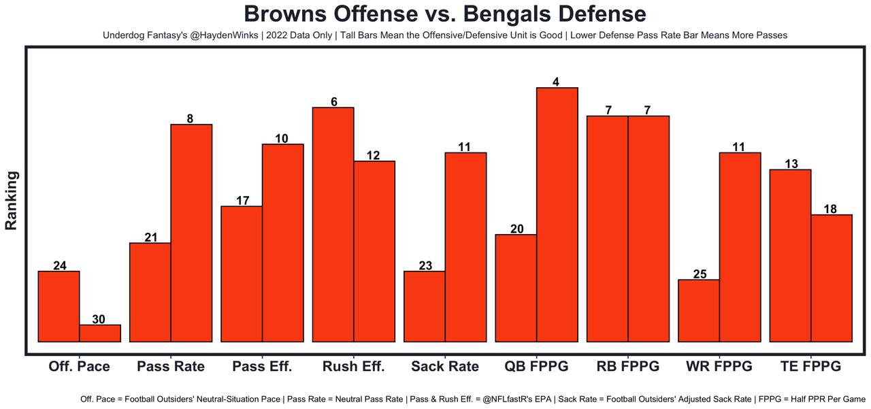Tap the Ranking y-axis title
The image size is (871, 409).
tap(12, 201)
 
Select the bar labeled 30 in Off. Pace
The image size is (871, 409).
tap(100, 333)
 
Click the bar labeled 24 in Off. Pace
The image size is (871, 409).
tap(59, 306)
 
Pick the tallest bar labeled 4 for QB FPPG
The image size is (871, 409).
tap(557, 214)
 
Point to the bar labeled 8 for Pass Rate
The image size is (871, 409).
tap(191, 233)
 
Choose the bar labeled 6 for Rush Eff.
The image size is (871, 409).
tap(333, 225)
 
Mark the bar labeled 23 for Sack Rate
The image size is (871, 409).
tap(425, 306)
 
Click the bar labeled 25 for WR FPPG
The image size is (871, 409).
tap(699, 310)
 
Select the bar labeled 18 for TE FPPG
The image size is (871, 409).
tap(832, 278)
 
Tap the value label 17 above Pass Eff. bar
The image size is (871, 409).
tap(242, 200)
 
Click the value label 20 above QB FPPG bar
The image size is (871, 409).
tap(516, 229)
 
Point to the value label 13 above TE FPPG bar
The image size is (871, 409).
tap(790, 163)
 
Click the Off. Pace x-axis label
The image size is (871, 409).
tap(79, 366)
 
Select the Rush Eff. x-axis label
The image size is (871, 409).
tap(353, 366)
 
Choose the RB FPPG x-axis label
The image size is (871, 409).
tap(628, 366)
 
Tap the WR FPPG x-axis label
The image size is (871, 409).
tap(719, 366)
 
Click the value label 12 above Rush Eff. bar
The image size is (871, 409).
tap(374, 155)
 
